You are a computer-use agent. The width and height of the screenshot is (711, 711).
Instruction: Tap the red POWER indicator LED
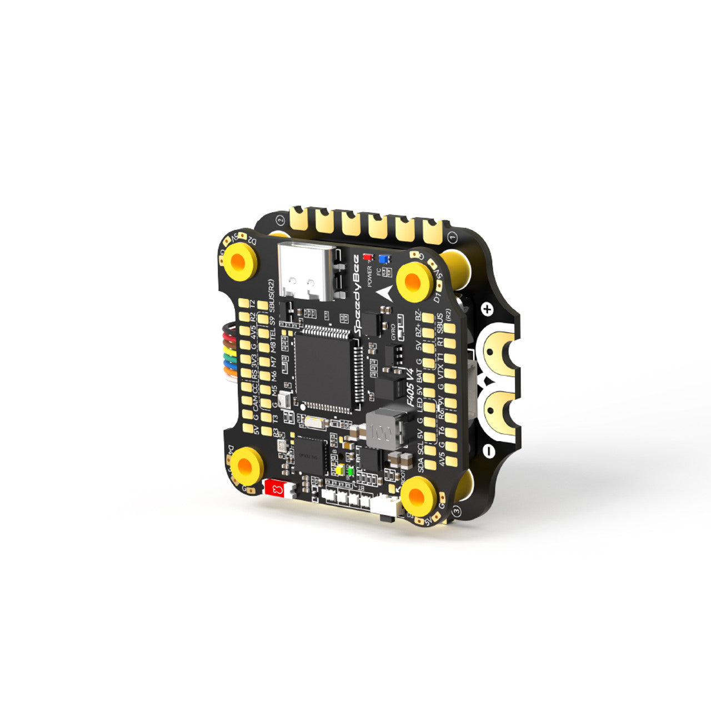pyautogui.click(x=367, y=258)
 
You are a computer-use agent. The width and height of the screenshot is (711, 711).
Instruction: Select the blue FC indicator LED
pyautogui.click(x=383, y=259)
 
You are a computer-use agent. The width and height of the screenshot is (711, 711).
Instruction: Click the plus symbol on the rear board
pyautogui.click(x=487, y=309)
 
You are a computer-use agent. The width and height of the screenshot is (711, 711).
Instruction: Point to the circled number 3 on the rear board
pyautogui.click(x=457, y=510)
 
